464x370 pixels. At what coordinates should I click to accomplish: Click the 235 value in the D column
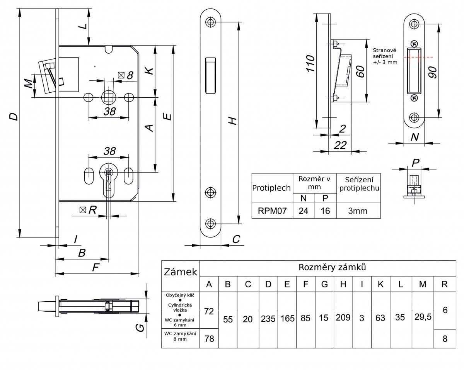click(x=268, y=319)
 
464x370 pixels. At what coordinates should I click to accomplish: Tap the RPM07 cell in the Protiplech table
click(x=271, y=211)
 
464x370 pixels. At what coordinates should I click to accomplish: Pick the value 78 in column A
click(x=209, y=339)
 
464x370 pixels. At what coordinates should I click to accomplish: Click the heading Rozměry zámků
click(x=332, y=267)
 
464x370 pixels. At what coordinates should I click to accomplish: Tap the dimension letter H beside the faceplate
click(x=232, y=121)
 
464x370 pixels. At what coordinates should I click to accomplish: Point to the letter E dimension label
click(x=167, y=116)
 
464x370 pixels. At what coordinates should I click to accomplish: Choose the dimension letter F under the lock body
click(x=96, y=266)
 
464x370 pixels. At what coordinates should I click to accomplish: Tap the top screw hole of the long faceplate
click(x=210, y=22)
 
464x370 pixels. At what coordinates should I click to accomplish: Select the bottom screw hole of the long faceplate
click(x=210, y=223)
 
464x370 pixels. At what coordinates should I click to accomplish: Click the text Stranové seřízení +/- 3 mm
click(x=385, y=56)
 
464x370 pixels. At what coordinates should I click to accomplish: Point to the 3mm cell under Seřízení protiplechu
click(x=358, y=211)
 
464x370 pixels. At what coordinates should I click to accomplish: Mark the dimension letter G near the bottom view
click(x=141, y=328)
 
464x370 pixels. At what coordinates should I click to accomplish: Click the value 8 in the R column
click(x=444, y=339)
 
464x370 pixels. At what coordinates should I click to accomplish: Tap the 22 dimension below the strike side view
click(x=340, y=145)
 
